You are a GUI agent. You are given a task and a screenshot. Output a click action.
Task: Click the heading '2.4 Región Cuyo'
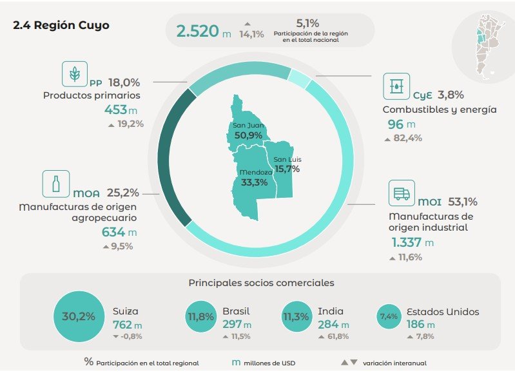point(61,25)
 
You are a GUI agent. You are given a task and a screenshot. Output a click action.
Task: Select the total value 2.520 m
point(204,31)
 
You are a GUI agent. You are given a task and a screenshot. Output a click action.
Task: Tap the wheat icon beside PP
point(75,74)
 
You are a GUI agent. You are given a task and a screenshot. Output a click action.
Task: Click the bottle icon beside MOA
point(56,184)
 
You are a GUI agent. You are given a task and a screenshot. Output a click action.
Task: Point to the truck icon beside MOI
point(402,193)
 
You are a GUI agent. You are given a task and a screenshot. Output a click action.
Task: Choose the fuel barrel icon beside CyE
point(396,86)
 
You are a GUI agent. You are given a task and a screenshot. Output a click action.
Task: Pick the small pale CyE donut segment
point(298,78)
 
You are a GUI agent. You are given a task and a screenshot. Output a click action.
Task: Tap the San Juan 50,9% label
point(248,131)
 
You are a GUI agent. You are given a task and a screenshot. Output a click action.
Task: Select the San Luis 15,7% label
point(287,165)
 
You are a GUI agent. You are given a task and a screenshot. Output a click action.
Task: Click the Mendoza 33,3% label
point(255,178)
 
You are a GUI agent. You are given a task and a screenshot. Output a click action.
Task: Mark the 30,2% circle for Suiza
point(79,316)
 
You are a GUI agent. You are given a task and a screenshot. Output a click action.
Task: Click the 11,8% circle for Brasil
point(201,316)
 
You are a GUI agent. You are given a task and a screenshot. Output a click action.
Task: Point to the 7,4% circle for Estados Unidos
point(389,316)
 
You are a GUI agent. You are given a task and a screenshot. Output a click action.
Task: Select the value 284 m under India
point(333,325)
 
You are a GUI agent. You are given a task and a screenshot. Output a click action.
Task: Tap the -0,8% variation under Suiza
point(128,336)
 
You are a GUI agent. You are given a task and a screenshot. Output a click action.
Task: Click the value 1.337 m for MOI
point(413,243)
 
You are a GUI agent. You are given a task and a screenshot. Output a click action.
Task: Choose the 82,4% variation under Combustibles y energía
point(403,139)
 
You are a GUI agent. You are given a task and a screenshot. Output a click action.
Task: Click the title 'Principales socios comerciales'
point(262,283)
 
